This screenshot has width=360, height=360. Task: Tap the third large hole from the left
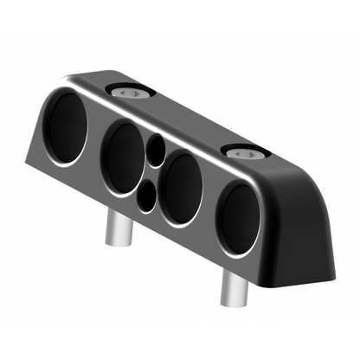coord(183,189)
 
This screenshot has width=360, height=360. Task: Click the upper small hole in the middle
coord(155,152)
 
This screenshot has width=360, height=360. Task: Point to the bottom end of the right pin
coord(232,303)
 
